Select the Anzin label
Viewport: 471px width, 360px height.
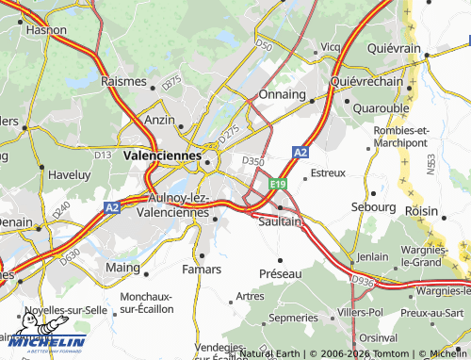click(x=159, y=120)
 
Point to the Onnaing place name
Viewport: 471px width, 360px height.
click(x=283, y=94)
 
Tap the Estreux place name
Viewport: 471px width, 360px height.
click(x=328, y=173)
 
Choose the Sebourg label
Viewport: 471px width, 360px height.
click(x=373, y=205)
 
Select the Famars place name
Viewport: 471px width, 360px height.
click(x=203, y=270)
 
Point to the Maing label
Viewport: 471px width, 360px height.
click(x=122, y=268)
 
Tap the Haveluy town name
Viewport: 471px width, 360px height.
click(x=70, y=174)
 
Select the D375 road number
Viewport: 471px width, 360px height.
click(x=171, y=82)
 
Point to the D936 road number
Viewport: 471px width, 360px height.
click(x=362, y=280)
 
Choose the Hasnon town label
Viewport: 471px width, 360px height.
click(x=46, y=30)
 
